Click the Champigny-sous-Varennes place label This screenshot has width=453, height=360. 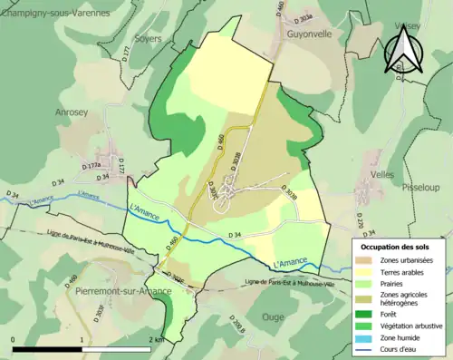click(55, 14)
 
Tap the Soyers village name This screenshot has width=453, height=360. click(148, 39)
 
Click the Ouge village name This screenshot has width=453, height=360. click(273, 316)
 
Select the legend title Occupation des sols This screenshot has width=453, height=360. click(396, 247)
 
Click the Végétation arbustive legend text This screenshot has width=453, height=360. click(409, 323)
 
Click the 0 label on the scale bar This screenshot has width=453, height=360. click(14, 338)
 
